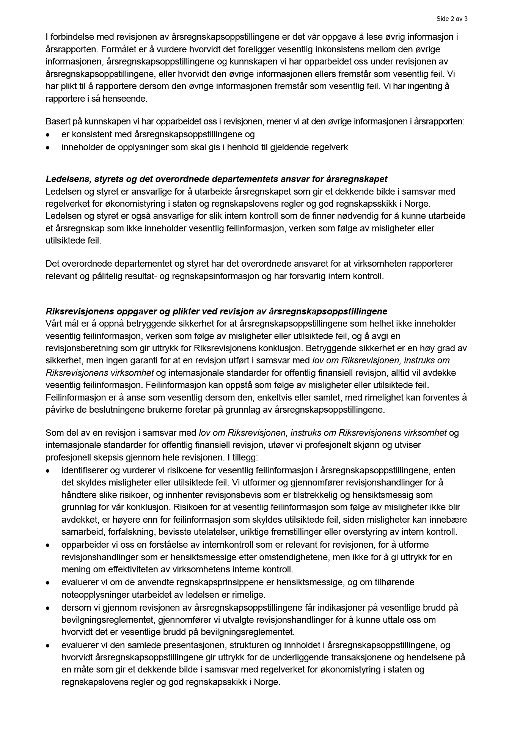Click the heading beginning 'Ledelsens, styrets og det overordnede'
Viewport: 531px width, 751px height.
coord(216,179)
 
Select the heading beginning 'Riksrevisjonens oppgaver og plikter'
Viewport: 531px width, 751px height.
coord(216,311)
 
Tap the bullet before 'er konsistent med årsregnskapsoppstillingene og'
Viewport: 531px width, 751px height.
coord(48,135)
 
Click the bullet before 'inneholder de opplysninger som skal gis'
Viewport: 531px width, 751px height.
coord(48,147)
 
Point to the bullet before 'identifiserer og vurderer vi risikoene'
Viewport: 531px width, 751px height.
coord(48,471)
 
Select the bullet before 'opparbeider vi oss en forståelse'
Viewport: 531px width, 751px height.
coord(48,545)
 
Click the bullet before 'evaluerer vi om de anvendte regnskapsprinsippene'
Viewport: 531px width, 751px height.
coord(48,582)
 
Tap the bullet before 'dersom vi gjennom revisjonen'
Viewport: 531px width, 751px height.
coord(48,608)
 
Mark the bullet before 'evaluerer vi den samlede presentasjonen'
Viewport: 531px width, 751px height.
coord(48,645)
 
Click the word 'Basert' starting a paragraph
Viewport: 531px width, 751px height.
coord(56,122)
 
